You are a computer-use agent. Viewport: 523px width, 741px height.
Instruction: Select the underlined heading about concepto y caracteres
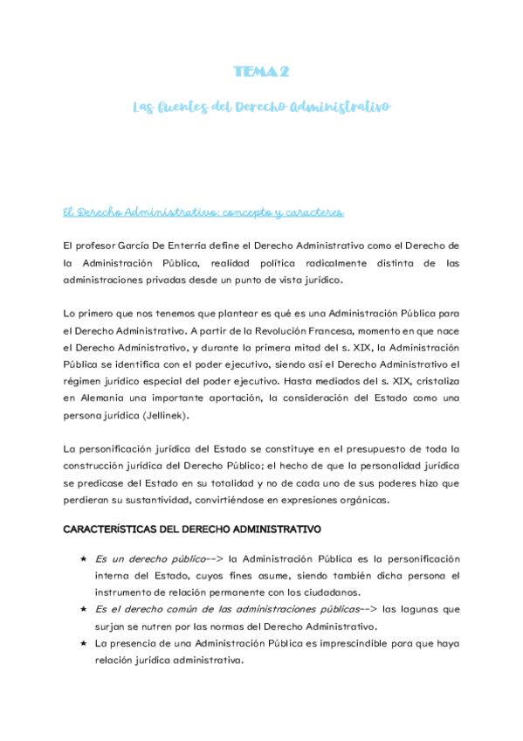[x=204, y=212]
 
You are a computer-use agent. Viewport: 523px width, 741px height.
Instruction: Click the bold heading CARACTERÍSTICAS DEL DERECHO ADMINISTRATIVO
[x=192, y=529]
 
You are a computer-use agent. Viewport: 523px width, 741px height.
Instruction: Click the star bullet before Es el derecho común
[x=82, y=608]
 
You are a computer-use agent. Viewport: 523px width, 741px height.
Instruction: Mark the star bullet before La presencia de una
[x=82, y=642]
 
